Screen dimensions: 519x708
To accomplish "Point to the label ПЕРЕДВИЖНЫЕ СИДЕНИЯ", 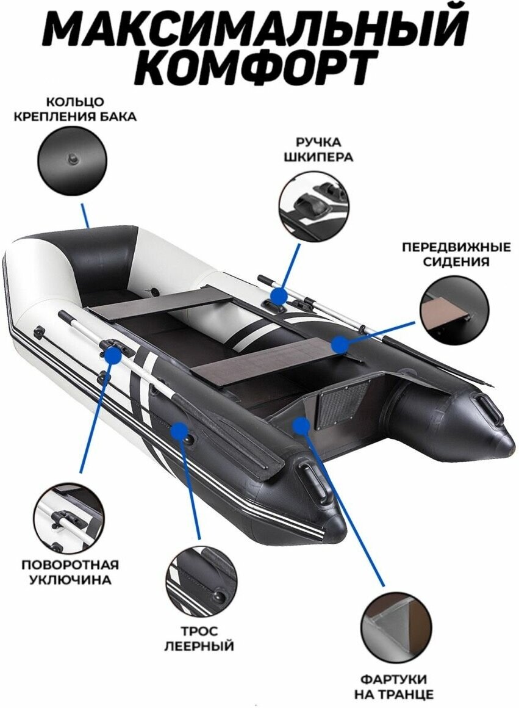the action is pos(456,255).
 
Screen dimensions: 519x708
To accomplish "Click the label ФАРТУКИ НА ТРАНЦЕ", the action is pos(393,687).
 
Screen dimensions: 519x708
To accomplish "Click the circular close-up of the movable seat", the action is pos(454,310).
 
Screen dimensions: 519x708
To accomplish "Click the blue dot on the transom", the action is pos(300,425).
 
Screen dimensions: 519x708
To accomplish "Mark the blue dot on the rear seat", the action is pos(340,345).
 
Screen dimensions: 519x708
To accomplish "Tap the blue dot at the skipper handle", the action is pos(278,297).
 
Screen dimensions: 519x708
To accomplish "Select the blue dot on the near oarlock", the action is pos(112,354).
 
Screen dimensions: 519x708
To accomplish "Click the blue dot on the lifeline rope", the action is pos(179,432).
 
